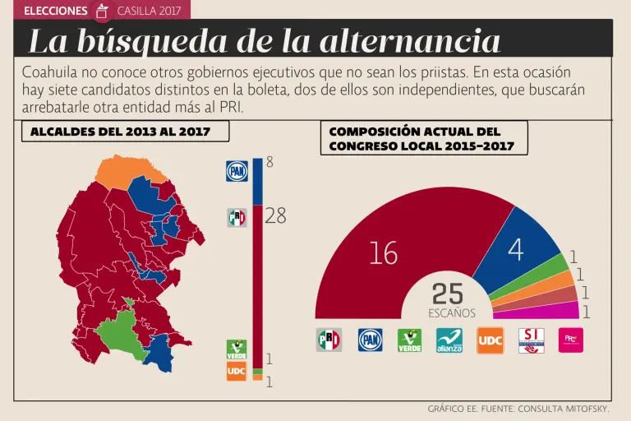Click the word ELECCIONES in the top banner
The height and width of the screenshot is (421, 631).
coord(56,11)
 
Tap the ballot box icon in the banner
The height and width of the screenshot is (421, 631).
coord(102,11)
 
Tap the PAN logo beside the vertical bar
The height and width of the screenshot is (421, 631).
coord(237,171)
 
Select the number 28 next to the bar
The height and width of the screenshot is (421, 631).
coord(276,216)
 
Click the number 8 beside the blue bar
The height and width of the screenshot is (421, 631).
coord(269,163)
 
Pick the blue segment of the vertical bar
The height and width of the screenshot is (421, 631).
coord(258,181)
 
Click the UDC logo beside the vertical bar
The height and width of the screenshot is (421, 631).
coord(237,371)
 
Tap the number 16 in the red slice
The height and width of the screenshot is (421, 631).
coord(383,254)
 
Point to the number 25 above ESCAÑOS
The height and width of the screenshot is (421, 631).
coord(448,294)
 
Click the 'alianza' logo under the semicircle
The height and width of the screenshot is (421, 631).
coord(449,340)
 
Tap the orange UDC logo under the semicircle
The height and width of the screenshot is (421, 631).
coord(490,340)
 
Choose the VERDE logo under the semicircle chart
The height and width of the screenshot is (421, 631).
coord(409,340)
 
